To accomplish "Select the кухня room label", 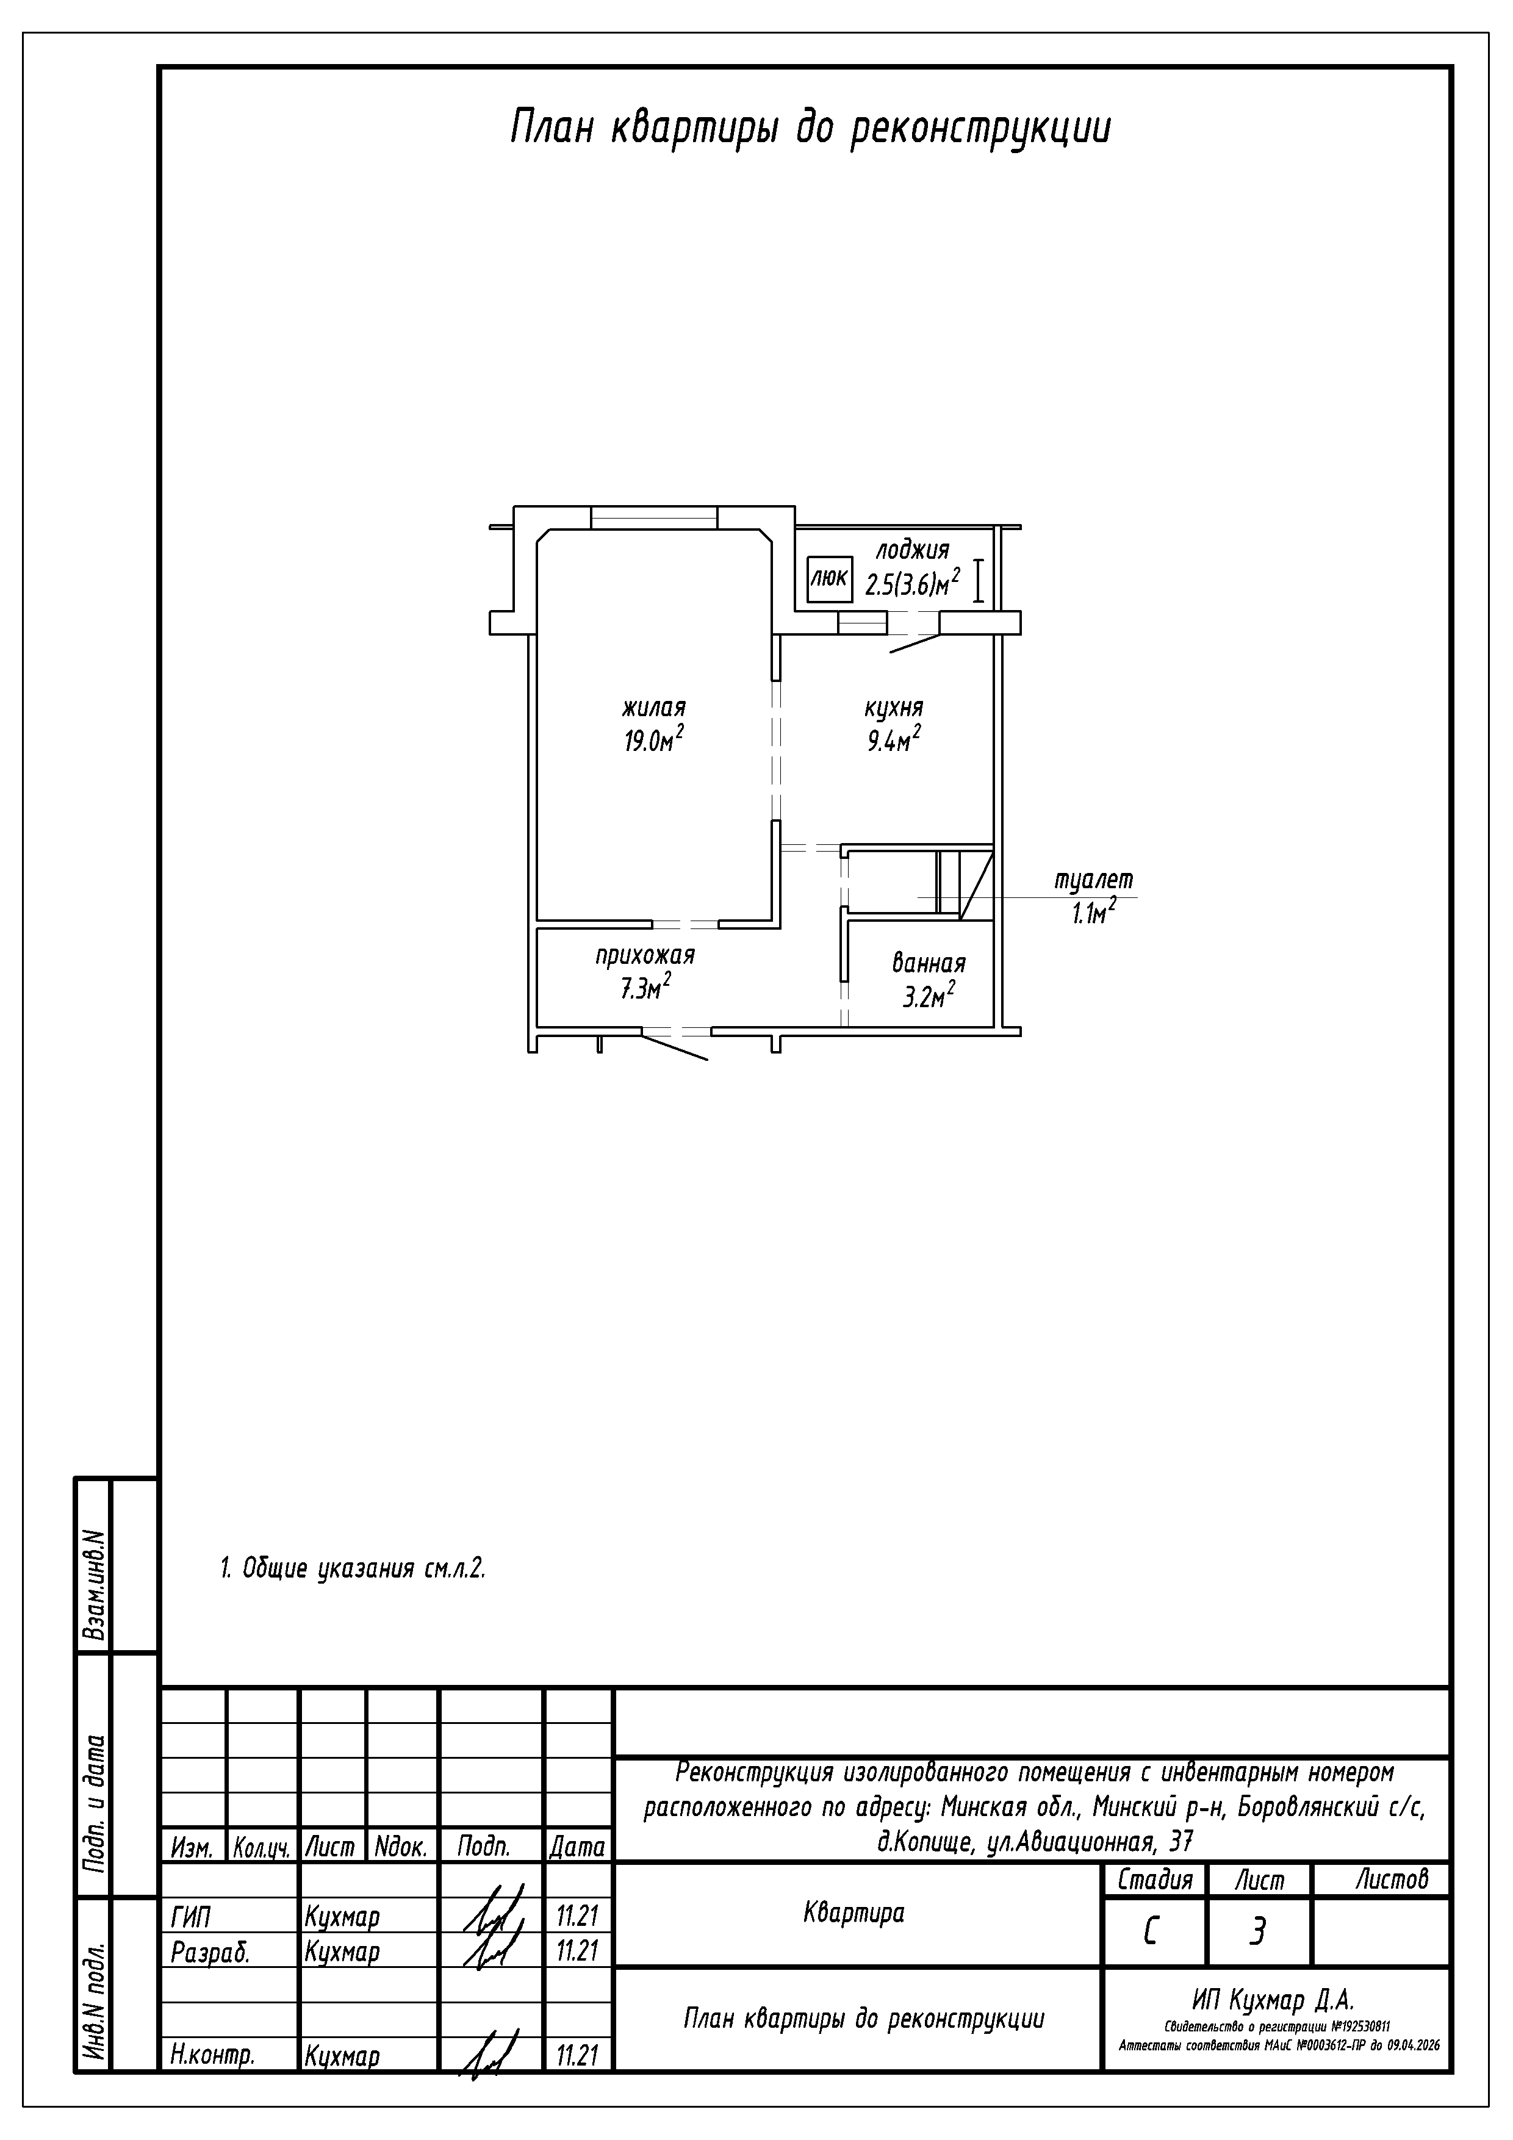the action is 894,708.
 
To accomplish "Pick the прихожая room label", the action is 645,957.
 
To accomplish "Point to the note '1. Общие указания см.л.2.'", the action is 353,1568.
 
